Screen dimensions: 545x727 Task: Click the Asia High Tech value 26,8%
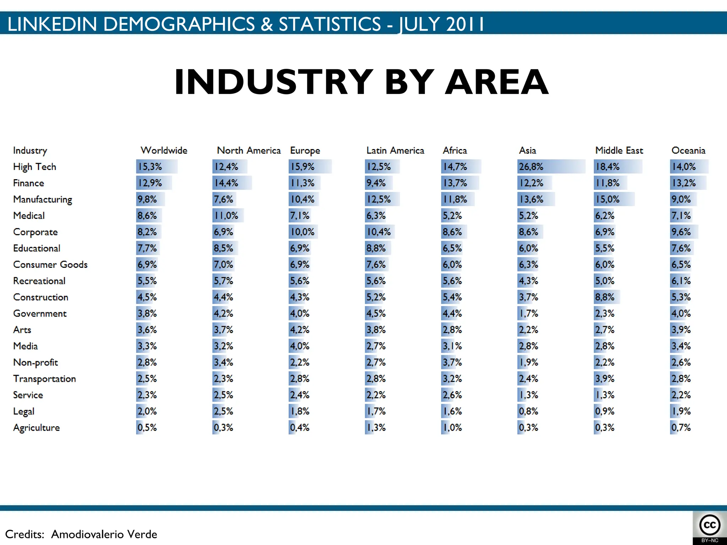531,167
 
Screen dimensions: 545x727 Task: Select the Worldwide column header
164,150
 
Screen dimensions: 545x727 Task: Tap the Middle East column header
619,150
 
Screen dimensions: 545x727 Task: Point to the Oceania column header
688,150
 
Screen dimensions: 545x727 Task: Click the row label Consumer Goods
50,265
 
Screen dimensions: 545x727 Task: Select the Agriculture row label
36,428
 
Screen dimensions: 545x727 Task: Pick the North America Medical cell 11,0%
226,216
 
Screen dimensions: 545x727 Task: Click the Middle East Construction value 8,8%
605,297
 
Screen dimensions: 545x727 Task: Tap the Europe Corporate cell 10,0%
302,232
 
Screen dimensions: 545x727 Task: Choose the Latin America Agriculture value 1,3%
376,428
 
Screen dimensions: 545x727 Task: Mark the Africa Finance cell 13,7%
455,183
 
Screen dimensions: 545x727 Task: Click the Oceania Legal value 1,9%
680,411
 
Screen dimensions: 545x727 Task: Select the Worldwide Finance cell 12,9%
150,183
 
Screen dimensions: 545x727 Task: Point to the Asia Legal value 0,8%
528,411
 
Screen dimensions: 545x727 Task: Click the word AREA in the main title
497,82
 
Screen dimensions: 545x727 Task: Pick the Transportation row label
44,379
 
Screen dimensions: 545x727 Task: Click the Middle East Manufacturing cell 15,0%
607,199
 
